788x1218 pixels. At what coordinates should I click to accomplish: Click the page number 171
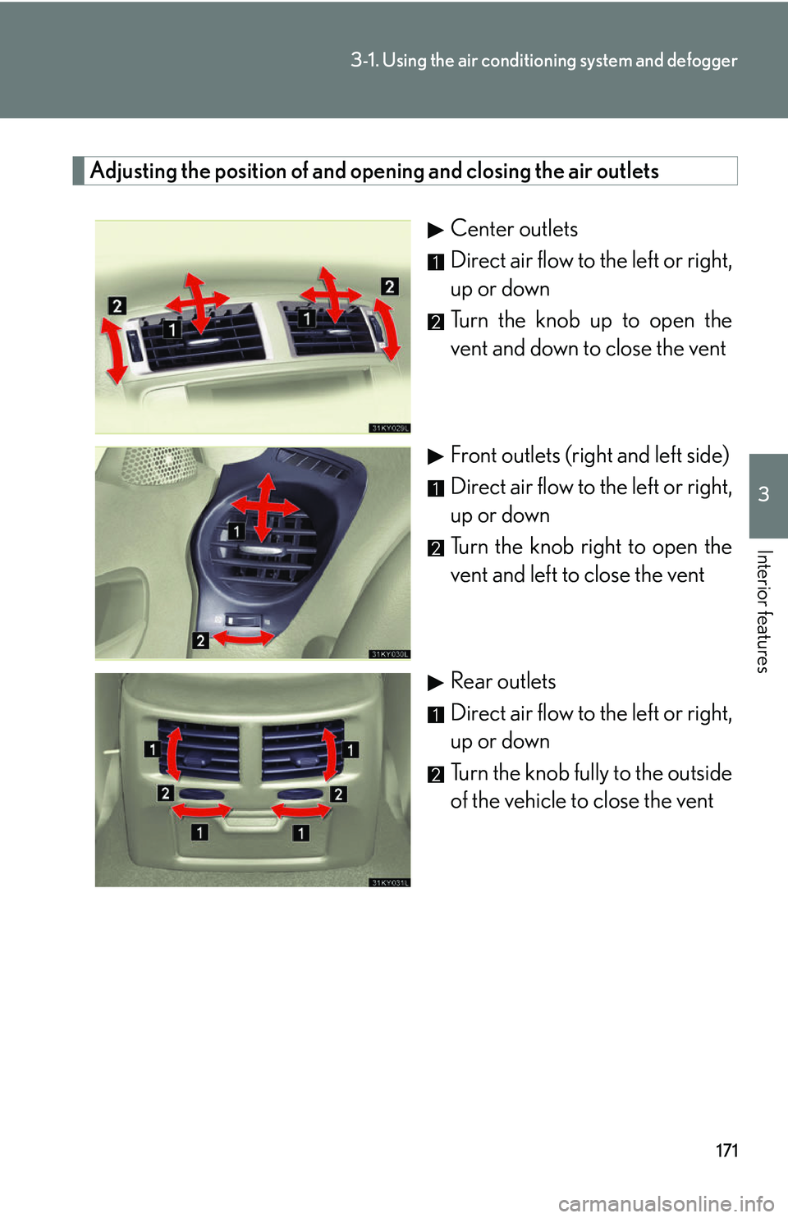[x=726, y=1150]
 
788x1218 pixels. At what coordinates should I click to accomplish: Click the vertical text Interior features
[x=763, y=611]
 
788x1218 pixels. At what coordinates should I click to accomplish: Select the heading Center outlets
[x=514, y=229]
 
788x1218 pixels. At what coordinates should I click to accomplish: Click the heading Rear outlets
[x=503, y=681]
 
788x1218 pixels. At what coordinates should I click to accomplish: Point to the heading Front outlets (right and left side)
[x=589, y=456]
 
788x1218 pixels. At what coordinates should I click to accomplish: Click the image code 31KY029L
[x=390, y=428]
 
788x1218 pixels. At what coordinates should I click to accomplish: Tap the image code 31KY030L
[x=390, y=654]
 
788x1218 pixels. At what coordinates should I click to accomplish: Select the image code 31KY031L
[x=390, y=882]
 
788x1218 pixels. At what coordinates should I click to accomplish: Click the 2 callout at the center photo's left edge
[x=117, y=305]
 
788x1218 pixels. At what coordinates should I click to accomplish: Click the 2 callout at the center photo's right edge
[x=390, y=286]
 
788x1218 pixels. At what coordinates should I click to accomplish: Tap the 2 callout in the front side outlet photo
[x=200, y=640]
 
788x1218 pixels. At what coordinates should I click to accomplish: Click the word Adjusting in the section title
[x=133, y=171]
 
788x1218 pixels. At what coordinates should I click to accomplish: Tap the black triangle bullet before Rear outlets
[x=436, y=682]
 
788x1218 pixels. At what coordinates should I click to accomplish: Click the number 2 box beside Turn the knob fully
[x=436, y=774]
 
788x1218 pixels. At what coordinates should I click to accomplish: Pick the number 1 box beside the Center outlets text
[x=436, y=262]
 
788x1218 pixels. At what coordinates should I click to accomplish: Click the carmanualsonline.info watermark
[x=666, y=1203]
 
